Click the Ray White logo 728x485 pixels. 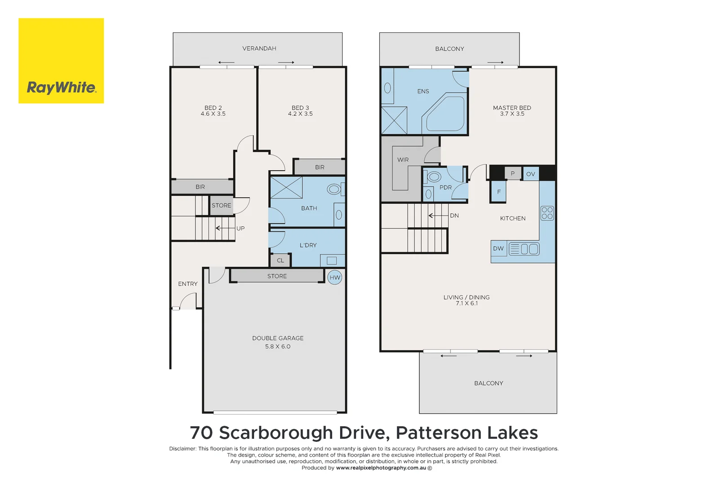[61, 61]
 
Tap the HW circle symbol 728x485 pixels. [335, 278]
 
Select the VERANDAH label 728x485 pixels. [259, 48]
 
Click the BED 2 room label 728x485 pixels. [213, 108]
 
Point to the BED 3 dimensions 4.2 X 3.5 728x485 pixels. [300, 114]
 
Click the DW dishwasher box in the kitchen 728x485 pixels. [498, 248]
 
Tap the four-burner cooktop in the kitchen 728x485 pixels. [547, 213]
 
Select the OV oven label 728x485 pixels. [531, 174]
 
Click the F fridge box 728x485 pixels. [499, 192]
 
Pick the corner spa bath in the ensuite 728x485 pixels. [444, 114]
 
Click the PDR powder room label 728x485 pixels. [445, 188]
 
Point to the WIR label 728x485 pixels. [403, 160]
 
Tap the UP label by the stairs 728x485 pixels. [240, 229]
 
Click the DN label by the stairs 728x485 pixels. [454, 216]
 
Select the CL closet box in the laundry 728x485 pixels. [280, 260]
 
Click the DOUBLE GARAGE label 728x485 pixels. [278, 338]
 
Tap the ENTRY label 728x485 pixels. [187, 284]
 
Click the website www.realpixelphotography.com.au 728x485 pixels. [381, 468]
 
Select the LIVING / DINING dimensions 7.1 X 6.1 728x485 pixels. [466, 304]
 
